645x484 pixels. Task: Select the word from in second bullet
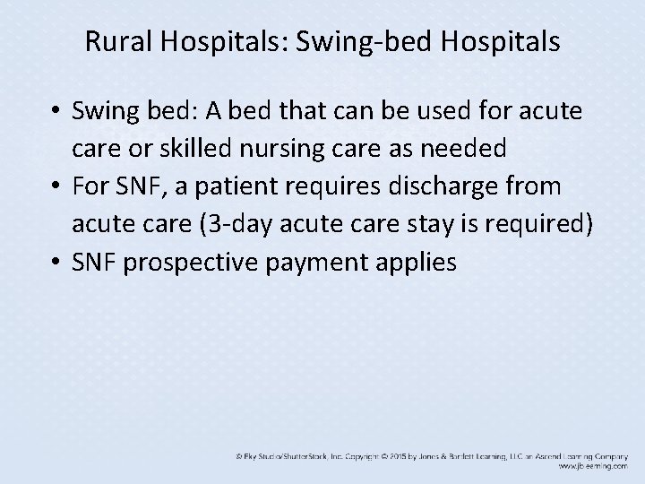pyautogui.click(x=532, y=188)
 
